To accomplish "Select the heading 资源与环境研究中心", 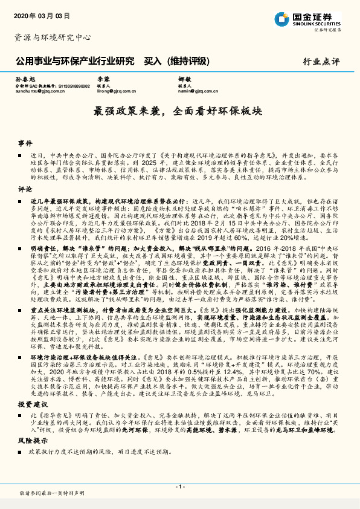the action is [x=52, y=37].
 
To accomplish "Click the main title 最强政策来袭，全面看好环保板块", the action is [x=179, y=112].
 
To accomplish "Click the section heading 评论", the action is [x=25, y=189].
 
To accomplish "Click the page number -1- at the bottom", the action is [x=179, y=487].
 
